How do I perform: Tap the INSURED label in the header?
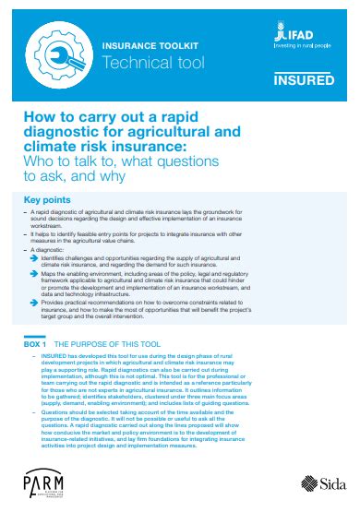pos(306,80)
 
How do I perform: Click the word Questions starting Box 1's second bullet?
pos(56,407)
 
